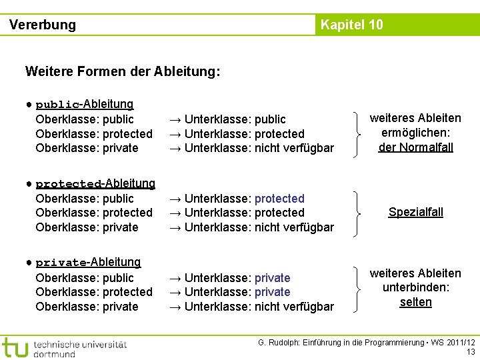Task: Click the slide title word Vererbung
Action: point(43,25)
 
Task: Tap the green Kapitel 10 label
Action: point(351,25)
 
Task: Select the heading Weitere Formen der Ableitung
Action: point(122,71)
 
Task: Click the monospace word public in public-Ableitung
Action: point(57,105)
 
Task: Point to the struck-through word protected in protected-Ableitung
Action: point(68,184)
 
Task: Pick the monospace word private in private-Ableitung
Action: point(61,263)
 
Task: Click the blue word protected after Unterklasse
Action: point(279,199)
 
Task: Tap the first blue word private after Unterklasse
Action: point(272,278)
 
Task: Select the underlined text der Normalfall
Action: point(415,147)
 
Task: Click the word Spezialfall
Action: point(415,213)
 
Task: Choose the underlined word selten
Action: point(415,302)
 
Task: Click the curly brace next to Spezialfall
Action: point(361,213)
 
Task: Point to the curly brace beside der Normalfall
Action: point(361,133)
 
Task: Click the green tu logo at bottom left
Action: point(15,347)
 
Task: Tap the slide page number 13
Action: point(471,352)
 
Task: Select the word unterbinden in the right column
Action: point(415,288)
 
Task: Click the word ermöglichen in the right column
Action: point(415,133)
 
